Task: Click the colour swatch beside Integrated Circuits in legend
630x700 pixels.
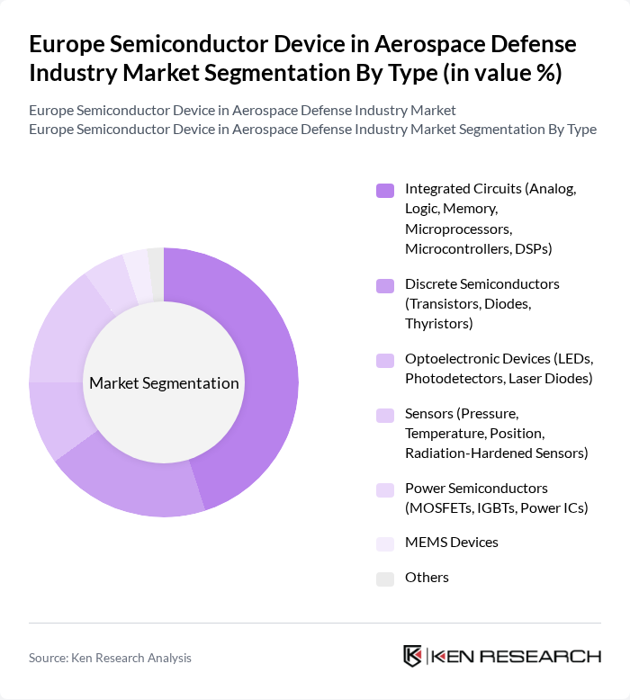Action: click(384, 190)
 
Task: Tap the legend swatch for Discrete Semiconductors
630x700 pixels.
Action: click(384, 285)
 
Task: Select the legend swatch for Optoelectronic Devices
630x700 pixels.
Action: click(384, 360)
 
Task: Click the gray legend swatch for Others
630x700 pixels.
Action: click(384, 579)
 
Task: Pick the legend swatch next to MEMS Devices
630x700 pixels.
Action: click(384, 543)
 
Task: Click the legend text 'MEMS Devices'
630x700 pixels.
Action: click(451, 543)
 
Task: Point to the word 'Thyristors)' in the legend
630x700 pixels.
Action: click(439, 323)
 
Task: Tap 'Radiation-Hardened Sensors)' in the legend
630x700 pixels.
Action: click(496, 453)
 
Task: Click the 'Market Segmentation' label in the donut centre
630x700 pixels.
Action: click(164, 383)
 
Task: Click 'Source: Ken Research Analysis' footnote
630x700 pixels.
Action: click(110, 658)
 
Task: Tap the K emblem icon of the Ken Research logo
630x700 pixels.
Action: click(413, 656)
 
